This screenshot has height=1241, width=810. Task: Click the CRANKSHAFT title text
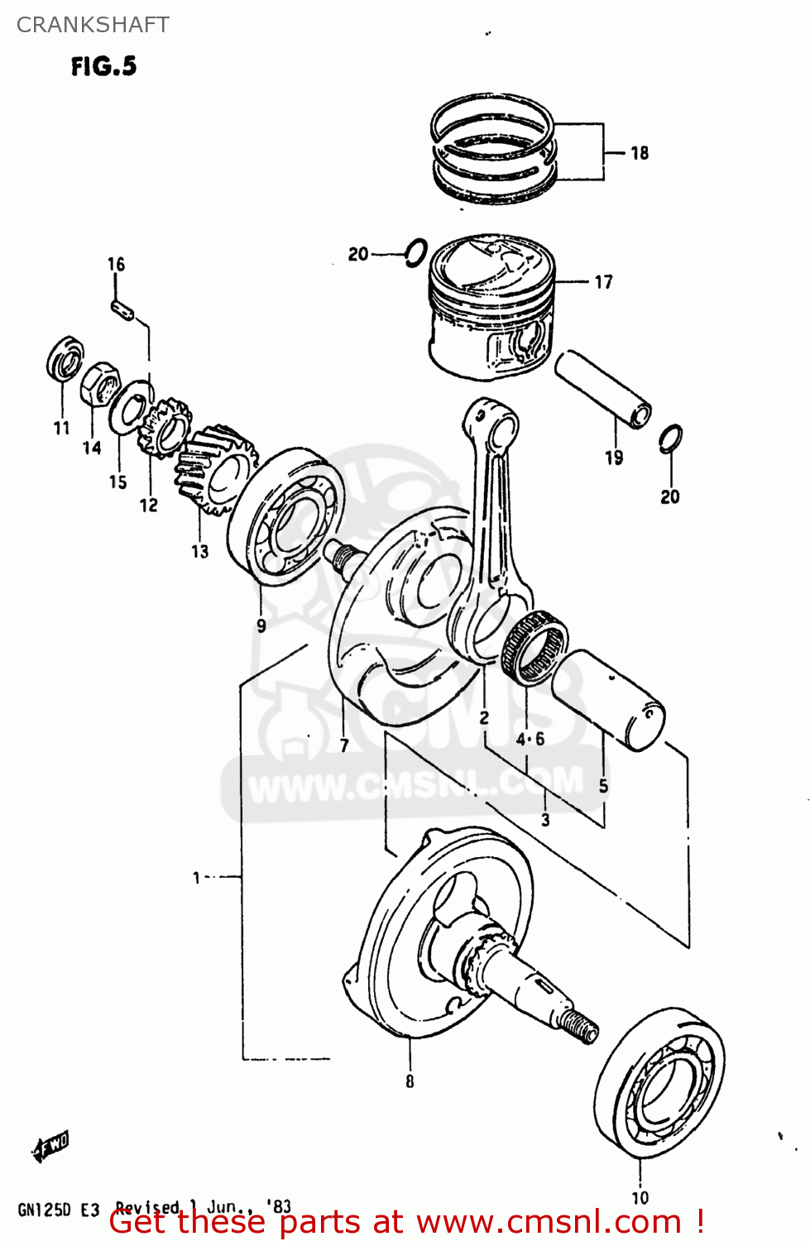pyautogui.click(x=93, y=25)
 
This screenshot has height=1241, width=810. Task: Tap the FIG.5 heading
pyautogui.click(x=103, y=66)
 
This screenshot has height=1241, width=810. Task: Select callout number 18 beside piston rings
pyautogui.click(x=640, y=153)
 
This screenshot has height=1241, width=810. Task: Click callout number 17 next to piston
pyautogui.click(x=604, y=282)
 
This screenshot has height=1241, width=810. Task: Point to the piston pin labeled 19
pyautogui.click(x=602, y=388)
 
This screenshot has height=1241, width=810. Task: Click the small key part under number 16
pyautogui.click(x=122, y=307)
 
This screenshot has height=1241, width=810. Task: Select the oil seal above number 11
pyautogui.click(x=64, y=358)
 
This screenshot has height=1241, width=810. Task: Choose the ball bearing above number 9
pyautogui.click(x=286, y=516)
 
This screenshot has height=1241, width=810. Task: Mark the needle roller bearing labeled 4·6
pyautogui.click(x=535, y=647)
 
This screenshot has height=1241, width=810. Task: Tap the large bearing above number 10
pyautogui.click(x=659, y=1083)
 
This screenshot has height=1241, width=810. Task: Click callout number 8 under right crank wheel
pyautogui.click(x=410, y=1080)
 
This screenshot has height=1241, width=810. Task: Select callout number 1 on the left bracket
pyautogui.click(x=197, y=877)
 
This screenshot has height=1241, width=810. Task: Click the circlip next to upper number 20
pyautogui.click(x=416, y=252)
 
